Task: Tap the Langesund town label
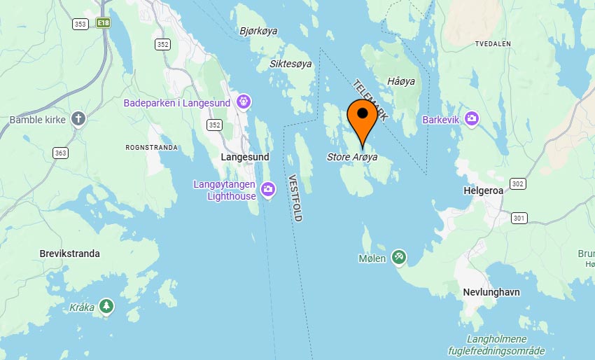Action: click(245, 157)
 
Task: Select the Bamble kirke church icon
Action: click(78, 119)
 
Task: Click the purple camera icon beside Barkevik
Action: click(472, 119)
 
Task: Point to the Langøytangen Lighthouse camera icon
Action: click(267, 190)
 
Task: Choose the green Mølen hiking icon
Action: click(399, 258)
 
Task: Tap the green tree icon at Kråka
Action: click(106, 307)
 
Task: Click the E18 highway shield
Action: click(104, 23)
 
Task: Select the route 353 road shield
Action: click(80, 24)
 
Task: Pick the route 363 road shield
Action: click(60, 153)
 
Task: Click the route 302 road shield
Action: click(517, 184)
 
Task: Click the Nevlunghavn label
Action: click(491, 292)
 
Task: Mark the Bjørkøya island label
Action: click(259, 31)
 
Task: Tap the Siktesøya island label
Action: click(290, 64)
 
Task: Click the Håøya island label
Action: click(401, 82)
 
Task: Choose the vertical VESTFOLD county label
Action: click(295, 198)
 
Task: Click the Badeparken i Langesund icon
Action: click(244, 102)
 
